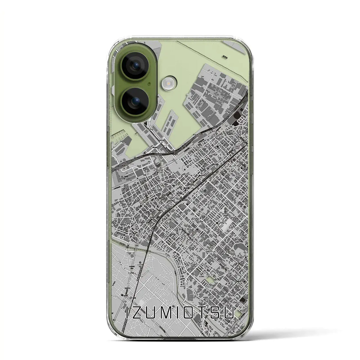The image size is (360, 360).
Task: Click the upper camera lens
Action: click(135, 66)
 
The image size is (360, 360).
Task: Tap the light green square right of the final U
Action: click(239, 314)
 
